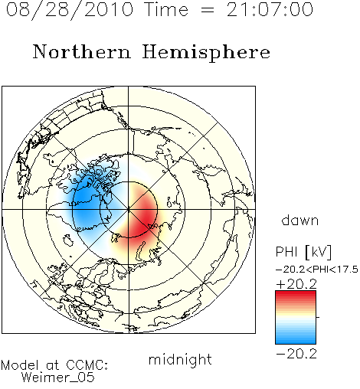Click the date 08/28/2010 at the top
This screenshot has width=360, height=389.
(x=70, y=10)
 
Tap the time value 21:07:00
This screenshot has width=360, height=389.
(x=270, y=10)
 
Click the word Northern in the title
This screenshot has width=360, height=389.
(x=82, y=52)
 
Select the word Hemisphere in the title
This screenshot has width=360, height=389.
(x=206, y=53)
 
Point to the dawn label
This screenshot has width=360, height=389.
(x=300, y=221)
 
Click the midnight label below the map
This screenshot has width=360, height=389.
(x=180, y=360)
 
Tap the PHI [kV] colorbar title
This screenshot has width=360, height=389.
(x=304, y=252)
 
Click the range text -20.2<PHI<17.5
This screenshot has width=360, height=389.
(x=317, y=270)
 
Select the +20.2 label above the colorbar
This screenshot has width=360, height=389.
(x=296, y=284)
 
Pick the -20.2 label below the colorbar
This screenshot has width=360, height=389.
(x=296, y=354)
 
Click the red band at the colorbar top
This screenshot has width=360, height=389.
(x=296, y=295)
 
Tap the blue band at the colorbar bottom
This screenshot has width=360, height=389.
(x=296, y=339)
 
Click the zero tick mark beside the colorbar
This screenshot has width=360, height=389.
(x=318, y=317)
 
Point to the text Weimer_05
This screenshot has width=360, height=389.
(x=57, y=377)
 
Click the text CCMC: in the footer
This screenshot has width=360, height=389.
(x=87, y=365)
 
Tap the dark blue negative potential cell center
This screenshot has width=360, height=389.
(x=86, y=204)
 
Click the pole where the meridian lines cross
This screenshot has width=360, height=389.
(x=128, y=210)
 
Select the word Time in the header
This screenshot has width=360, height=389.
(x=166, y=9)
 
